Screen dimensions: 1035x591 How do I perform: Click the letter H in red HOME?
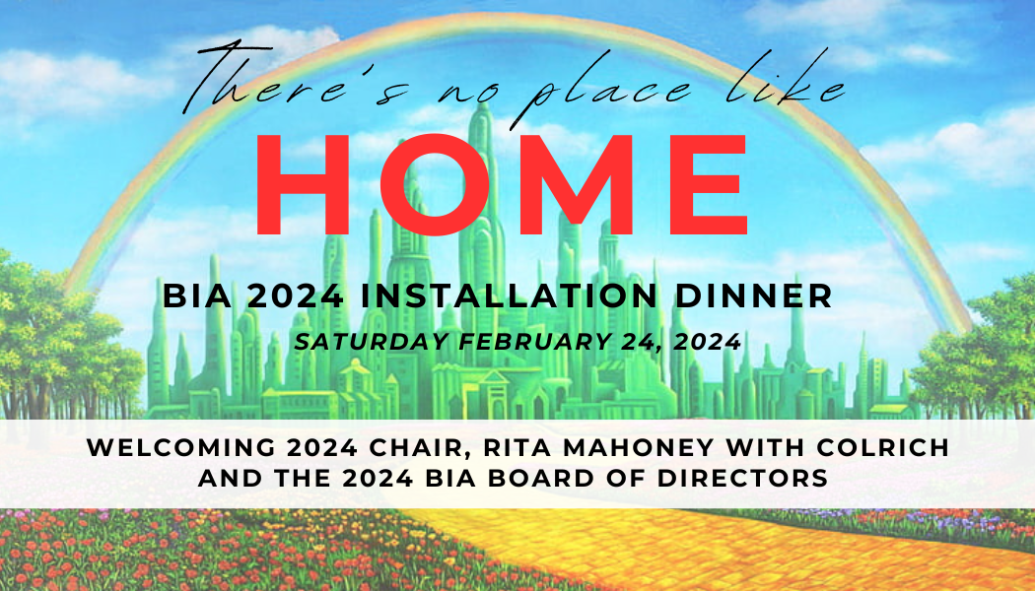[x=303, y=184]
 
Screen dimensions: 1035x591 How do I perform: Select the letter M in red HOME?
[x=577, y=184]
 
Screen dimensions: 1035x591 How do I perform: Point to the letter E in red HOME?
[x=709, y=184]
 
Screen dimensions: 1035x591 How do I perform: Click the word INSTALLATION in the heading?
[x=509, y=295]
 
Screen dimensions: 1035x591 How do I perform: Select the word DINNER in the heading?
[x=753, y=295]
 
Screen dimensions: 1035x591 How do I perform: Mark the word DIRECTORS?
[x=742, y=478]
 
